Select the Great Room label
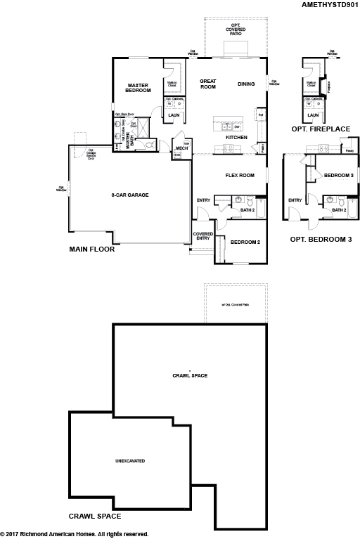tap(207, 84)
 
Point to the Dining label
tap(246, 84)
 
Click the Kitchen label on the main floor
tap(236, 137)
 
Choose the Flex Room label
tap(239, 175)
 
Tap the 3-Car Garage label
tap(129, 195)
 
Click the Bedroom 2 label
tap(245, 242)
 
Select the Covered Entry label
tap(203, 236)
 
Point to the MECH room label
tap(181, 149)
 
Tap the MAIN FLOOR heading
tap(91, 249)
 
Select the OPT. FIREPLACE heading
tap(320, 129)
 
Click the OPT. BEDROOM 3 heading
tap(321, 240)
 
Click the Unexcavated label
tap(129, 462)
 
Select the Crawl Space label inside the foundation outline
tap(190, 375)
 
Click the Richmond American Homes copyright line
tap(75, 534)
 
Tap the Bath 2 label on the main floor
tap(247, 209)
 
